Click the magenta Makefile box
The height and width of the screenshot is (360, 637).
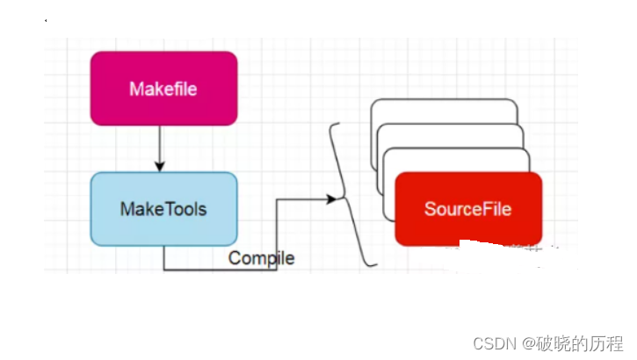163,88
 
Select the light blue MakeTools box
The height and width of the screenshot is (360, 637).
163,209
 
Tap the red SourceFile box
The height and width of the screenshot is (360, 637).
467,209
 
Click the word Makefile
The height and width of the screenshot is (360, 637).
163,89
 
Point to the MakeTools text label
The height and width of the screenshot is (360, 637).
163,209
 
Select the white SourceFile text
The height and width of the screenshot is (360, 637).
467,209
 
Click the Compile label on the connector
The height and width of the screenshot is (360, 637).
261,258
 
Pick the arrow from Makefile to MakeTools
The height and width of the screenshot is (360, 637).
159,146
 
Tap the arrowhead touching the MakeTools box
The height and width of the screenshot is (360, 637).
159,166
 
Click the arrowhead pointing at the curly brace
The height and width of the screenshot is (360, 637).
331,199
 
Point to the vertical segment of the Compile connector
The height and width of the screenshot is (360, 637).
277,233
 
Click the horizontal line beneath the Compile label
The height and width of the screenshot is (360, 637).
220,270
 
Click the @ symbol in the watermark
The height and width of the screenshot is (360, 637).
522,342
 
